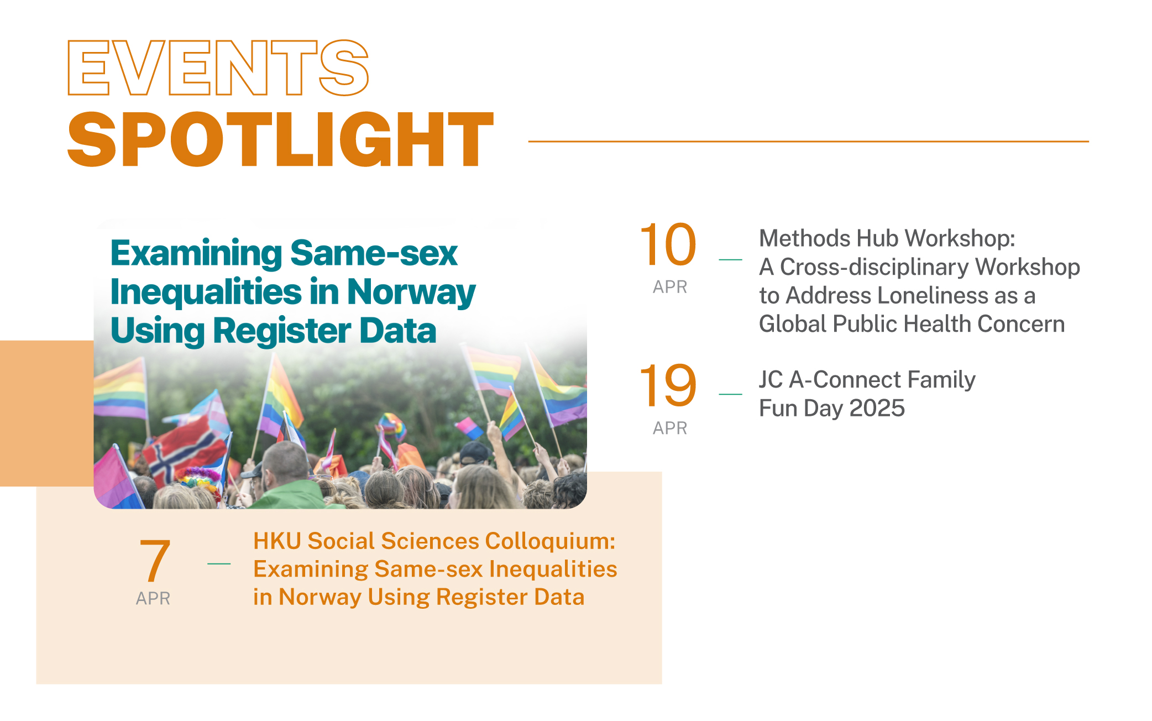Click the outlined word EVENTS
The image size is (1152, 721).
[218, 67]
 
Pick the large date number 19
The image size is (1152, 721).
[668, 385]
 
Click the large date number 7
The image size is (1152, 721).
[154, 560]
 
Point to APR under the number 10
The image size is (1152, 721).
[670, 287]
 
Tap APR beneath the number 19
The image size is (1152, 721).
[670, 428]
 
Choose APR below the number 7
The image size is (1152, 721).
[153, 598]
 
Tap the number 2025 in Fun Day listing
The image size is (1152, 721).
[877, 409]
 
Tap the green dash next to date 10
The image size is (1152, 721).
[730, 259]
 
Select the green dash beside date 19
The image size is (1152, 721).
[730, 394]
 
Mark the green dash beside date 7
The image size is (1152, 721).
[219, 563]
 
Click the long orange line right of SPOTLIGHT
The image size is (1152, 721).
[808, 142]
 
